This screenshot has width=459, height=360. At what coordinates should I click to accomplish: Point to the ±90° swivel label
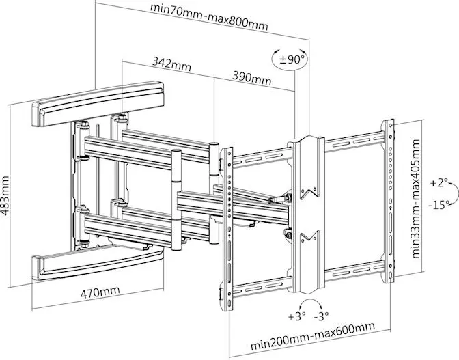(293, 60)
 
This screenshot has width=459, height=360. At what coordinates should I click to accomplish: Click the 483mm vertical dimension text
(6, 194)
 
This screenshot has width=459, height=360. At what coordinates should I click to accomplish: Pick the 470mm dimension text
(100, 292)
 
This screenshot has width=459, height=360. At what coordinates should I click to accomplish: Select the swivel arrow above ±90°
(292, 48)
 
